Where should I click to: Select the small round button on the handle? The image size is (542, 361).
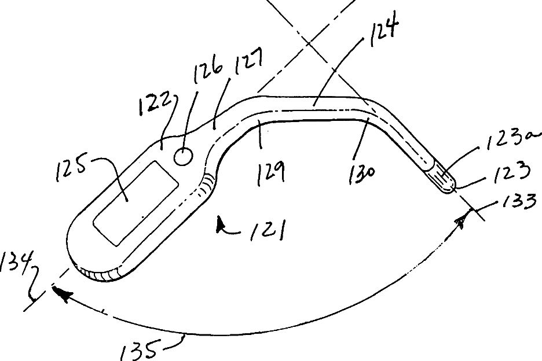tap(183, 156)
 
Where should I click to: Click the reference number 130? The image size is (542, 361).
tap(363, 172)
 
